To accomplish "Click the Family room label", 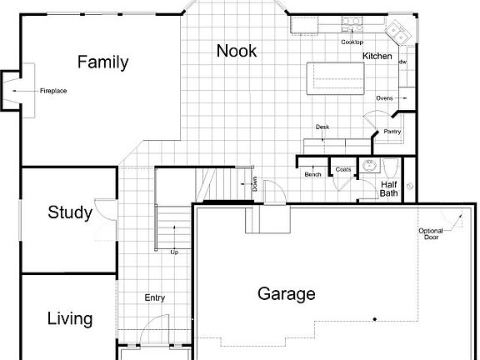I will pyautogui.click(x=102, y=62).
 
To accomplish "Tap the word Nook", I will pyautogui.click(x=236, y=51).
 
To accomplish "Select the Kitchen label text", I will pyautogui.click(x=377, y=56).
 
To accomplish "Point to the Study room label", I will pyautogui.click(x=69, y=212).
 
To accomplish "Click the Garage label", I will pyautogui.click(x=286, y=293).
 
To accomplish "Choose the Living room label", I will pyautogui.click(x=69, y=319).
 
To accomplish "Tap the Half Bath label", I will pyautogui.click(x=389, y=189).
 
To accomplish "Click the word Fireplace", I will pyautogui.click(x=53, y=90).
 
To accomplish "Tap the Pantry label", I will pyautogui.click(x=392, y=131).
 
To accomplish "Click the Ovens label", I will pyautogui.click(x=384, y=98).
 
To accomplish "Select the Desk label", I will pyautogui.click(x=322, y=127).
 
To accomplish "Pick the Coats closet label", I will pyautogui.click(x=342, y=169).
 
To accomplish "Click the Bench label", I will pyautogui.click(x=312, y=174).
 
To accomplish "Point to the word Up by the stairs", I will pyautogui.click(x=173, y=252).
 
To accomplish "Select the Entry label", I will pyautogui.click(x=154, y=297).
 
